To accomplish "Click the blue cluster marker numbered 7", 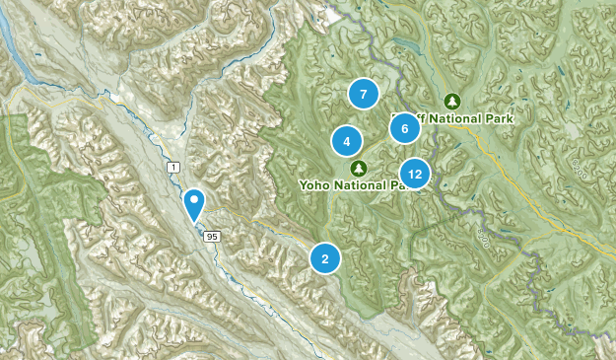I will tap(364, 95).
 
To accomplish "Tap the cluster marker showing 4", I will tap(347, 142).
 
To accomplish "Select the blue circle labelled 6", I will tap(404, 127).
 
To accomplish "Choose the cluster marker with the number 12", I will tap(415, 175).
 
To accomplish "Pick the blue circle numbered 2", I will tap(325, 258).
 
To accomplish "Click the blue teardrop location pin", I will tap(195, 203).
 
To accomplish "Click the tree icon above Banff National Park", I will tap(452, 101).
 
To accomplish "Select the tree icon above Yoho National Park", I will tap(358, 167).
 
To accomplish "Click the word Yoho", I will tap(314, 183).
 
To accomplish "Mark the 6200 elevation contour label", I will tap(580, 174).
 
